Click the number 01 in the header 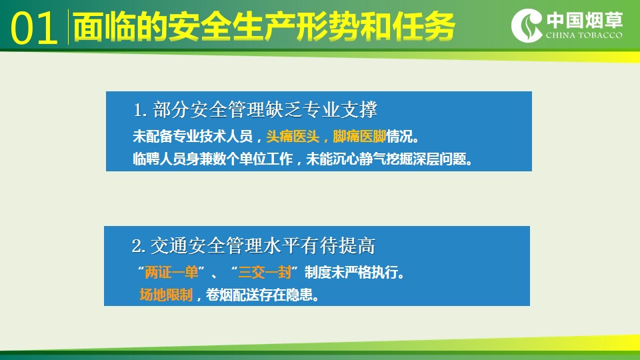point(34,28)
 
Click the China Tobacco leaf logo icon point(527,26)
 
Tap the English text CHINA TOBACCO point(584,35)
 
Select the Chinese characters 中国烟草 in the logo point(585,19)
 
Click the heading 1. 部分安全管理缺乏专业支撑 point(255,110)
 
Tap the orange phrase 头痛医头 point(292,136)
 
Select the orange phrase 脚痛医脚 point(359,136)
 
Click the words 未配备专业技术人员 point(193,136)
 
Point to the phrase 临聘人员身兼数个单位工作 point(213,159)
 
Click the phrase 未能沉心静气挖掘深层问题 point(386,159)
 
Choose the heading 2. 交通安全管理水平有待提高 point(253,246)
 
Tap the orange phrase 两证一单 point(171,272)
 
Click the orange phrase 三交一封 point(265,272)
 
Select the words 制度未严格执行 point(351,272)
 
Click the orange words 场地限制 point(166,295)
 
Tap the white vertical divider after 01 point(68,27)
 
